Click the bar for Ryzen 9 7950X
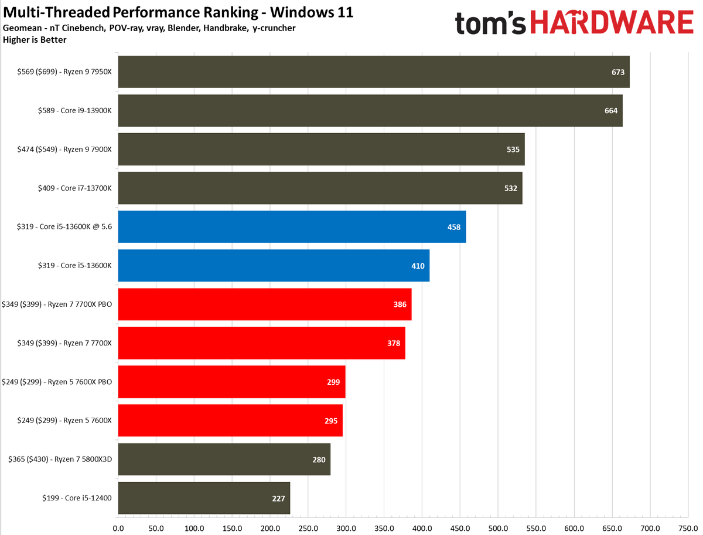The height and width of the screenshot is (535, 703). pyautogui.click(x=373, y=72)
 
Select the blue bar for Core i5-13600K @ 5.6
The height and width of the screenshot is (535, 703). pyautogui.click(x=292, y=226)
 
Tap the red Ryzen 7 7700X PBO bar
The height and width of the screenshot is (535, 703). pyautogui.click(x=265, y=304)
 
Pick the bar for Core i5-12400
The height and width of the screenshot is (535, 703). pyautogui.click(x=204, y=498)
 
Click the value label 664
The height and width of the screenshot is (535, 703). pyautogui.click(x=611, y=111)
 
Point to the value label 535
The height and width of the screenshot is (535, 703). pyautogui.click(x=513, y=150)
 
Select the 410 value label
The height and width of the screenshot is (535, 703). pyautogui.click(x=418, y=266)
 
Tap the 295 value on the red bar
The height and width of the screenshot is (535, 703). pyautogui.click(x=331, y=421)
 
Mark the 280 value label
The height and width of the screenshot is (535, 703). pyautogui.click(x=319, y=460)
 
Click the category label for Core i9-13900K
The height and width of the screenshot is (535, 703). pyautogui.click(x=74, y=111)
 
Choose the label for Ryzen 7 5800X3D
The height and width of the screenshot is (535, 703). pyautogui.click(x=60, y=459)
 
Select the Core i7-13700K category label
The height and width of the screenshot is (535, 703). pyautogui.click(x=74, y=188)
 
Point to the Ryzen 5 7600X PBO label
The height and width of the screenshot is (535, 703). pyautogui.click(x=57, y=382)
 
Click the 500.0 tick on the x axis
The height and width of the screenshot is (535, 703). pyautogui.click(x=498, y=529)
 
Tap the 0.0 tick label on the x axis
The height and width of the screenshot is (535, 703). pyautogui.click(x=118, y=529)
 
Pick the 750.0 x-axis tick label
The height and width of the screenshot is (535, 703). pyautogui.click(x=688, y=529)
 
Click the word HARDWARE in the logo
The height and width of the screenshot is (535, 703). pyautogui.click(x=612, y=22)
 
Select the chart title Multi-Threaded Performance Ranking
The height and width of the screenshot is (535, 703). pyautogui.click(x=131, y=12)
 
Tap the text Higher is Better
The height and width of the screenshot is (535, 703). pyautogui.click(x=35, y=40)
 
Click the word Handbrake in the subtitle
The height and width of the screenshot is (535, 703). pyautogui.click(x=226, y=28)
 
